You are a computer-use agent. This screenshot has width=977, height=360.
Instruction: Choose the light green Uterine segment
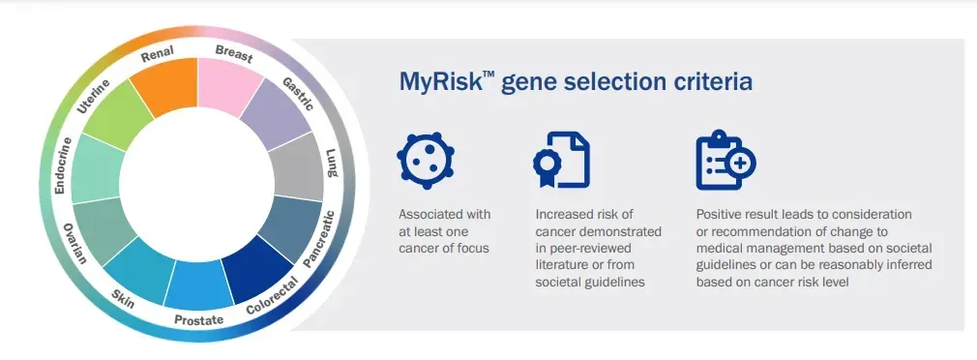point(118,114)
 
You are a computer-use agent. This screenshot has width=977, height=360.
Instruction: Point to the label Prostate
point(198,320)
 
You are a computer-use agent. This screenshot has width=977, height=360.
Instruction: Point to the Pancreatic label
point(319,240)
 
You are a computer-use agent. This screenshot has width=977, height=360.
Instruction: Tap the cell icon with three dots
point(426,161)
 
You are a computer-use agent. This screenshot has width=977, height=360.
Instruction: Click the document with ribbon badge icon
point(561,160)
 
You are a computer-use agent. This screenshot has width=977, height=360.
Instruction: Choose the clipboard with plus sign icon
point(725,160)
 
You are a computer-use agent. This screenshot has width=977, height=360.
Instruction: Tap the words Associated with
point(445,214)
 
